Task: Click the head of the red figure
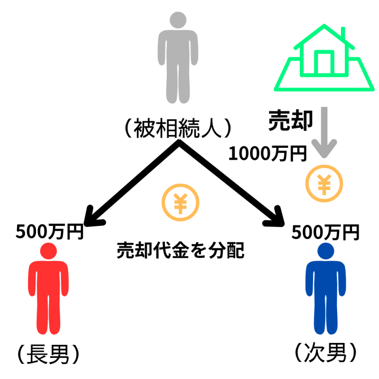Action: click(49, 251)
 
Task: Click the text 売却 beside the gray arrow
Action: click(290, 121)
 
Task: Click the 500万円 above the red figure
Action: click(50, 232)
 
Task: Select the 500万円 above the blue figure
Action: click(325, 232)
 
